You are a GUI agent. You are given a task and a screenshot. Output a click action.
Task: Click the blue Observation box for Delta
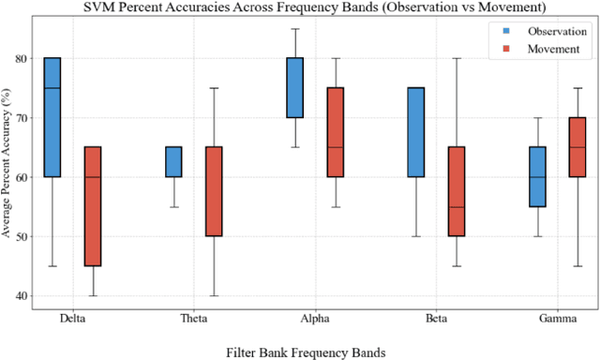(x=52, y=117)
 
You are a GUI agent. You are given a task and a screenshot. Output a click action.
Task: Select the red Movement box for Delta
(x=92, y=205)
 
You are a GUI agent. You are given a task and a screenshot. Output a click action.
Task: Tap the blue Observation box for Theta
(x=173, y=161)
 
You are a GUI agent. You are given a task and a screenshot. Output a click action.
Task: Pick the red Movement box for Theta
(x=213, y=191)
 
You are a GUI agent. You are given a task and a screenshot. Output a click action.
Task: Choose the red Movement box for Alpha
(x=335, y=132)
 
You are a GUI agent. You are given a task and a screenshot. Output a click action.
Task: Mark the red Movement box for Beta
(x=456, y=191)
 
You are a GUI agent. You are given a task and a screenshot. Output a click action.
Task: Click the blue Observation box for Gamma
(x=537, y=176)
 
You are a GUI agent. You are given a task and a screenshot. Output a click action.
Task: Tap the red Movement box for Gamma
(x=577, y=146)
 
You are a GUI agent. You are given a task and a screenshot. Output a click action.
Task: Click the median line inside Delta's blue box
(x=52, y=88)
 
